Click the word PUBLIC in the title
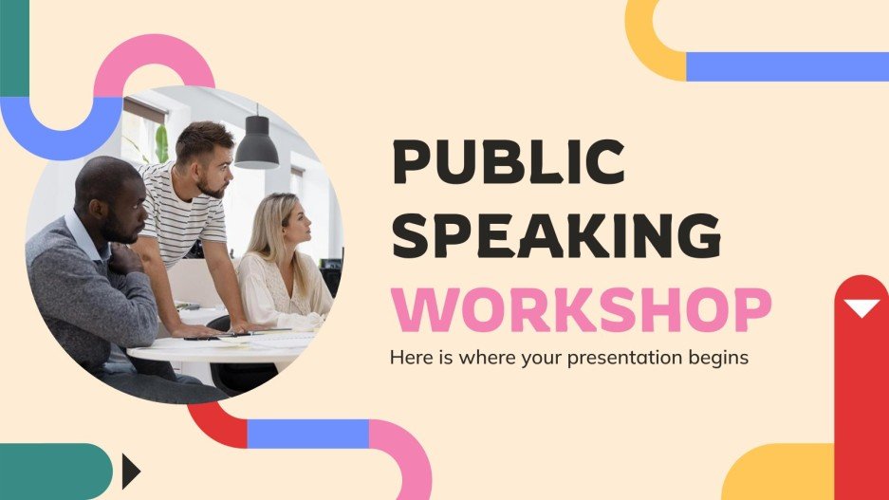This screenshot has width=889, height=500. coord(509,162)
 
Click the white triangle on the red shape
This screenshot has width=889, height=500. coord(861,307)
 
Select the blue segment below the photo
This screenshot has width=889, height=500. coord(307,433)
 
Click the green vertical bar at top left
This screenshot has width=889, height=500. coord(14,47)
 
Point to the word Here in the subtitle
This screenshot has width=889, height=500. coord(409,358)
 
